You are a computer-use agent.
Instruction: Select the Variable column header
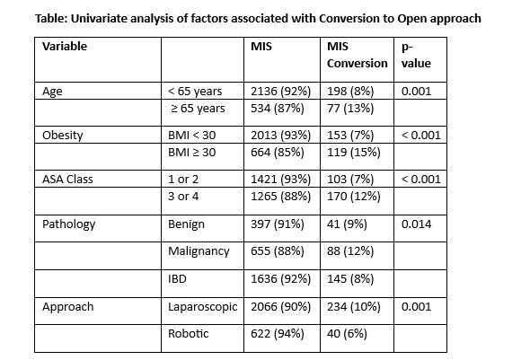65,46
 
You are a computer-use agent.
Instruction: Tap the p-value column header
416,55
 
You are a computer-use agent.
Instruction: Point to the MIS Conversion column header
357,55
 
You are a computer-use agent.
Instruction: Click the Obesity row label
63,135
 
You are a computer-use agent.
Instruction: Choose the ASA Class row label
67,179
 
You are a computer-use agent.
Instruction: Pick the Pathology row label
68,224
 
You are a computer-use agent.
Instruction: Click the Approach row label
68,307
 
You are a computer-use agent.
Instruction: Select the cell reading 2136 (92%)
280,92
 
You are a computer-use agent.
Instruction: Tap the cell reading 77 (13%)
350,109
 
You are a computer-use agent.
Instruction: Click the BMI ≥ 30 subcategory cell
191,153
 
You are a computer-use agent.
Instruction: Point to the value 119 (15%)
354,153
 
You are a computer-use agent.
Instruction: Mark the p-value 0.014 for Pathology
416,224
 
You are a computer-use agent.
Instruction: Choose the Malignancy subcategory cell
199,251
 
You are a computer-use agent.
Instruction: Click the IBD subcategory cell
177,279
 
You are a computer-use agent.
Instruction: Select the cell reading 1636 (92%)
280,279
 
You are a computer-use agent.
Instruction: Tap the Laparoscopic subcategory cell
203,307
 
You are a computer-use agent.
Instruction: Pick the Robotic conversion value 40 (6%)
347,334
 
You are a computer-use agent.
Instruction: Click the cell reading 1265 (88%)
280,197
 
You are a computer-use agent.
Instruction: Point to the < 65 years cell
195,92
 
